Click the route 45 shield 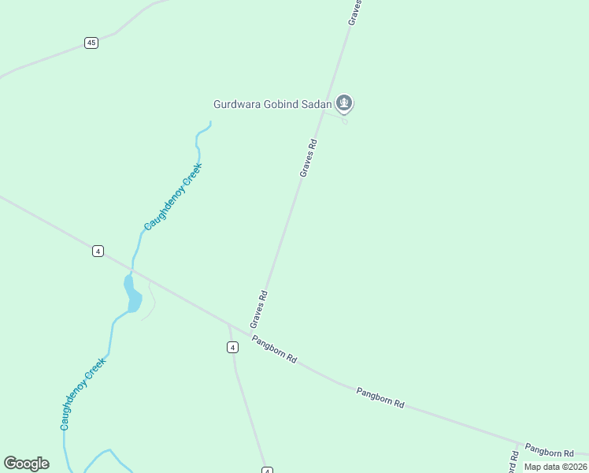pyautogui.click(x=91, y=43)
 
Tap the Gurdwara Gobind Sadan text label pyautogui.click(x=272, y=104)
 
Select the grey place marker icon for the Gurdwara pyautogui.click(x=343, y=102)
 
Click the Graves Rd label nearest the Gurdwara pyautogui.click(x=308, y=158)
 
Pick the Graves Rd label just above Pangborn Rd pyautogui.click(x=259, y=309)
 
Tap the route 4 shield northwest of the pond pyautogui.click(x=98, y=251)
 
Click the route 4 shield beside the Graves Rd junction pyautogui.click(x=232, y=347)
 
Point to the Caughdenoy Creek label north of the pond pyautogui.click(x=173, y=196)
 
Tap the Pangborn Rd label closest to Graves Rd pyautogui.click(x=274, y=348)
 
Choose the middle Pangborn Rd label pyautogui.click(x=380, y=397)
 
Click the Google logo pyautogui.click(x=27, y=464)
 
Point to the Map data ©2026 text pyautogui.click(x=555, y=467)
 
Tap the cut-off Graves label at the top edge pyautogui.click(x=356, y=12)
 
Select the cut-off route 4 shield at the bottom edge pyautogui.click(x=267, y=470)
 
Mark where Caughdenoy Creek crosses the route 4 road pyautogui.click(x=132, y=270)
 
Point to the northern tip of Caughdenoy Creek pyautogui.click(x=210, y=121)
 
